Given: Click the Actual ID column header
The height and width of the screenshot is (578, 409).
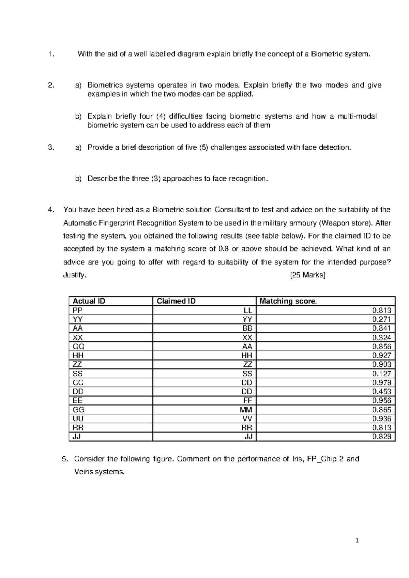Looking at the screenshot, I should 89,301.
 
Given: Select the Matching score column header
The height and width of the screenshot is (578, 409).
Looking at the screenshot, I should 288,301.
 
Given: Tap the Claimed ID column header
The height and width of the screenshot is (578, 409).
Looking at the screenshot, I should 176,301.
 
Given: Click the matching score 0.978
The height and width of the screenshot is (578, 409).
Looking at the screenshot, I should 382,383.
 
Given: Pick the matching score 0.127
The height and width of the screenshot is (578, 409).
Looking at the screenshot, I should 382,374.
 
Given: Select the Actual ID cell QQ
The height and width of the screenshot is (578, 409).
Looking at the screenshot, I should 79,347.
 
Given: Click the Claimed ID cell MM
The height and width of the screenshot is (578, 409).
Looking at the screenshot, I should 246,410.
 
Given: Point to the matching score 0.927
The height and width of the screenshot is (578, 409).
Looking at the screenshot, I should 382,355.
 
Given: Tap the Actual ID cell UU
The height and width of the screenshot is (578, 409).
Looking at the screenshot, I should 78,419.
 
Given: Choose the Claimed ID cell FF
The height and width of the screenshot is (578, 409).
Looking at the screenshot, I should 248,401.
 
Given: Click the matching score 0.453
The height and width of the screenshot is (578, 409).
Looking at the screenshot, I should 382,392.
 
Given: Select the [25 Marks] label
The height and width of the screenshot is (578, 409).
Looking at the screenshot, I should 307,275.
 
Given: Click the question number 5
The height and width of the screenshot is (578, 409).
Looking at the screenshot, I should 65,459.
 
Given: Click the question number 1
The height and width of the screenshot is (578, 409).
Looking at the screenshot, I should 51,54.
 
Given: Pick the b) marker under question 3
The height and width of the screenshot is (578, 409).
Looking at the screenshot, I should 78,179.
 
